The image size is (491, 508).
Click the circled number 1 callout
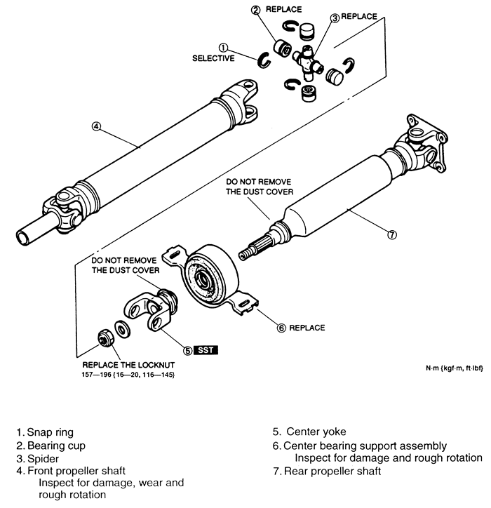(x=223, y=48)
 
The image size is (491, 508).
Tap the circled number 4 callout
(x=96, y=126)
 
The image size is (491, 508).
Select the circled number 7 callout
(x=392, y=234)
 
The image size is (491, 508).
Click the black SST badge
(x=206, y=350)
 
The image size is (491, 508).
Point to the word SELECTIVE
(x=213, y=58)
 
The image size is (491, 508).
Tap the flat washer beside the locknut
(x=123, y=330)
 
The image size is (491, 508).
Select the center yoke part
(x=151, y=309)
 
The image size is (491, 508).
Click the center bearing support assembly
(x=209, y=278)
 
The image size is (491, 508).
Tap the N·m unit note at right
(x=454, y=368)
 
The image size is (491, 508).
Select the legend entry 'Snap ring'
(x=45, y=432)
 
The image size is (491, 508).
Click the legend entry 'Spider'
(x=38, y=459)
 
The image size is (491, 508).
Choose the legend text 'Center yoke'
(x=309, y=432)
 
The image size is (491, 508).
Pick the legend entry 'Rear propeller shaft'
(x=327, y=472)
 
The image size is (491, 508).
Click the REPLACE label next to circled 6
(x=307, y=328)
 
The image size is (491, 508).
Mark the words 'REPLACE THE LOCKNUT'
(x=128, y=365)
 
